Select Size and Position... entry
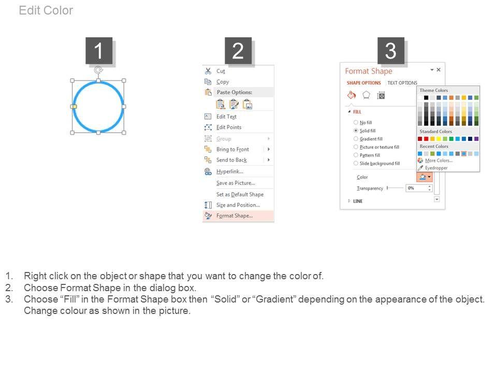[238, 205]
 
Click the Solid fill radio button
[356, 131]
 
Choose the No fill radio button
[356, 122]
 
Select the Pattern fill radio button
[356, 155]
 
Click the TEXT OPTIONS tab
[402, 83]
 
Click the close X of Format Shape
[438, 69]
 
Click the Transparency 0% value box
[419, 188]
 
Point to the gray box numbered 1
[99, 51]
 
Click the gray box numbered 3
[391, 51]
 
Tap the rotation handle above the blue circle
[98, 70]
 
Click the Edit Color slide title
[46, 10]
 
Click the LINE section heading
[358, 201]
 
